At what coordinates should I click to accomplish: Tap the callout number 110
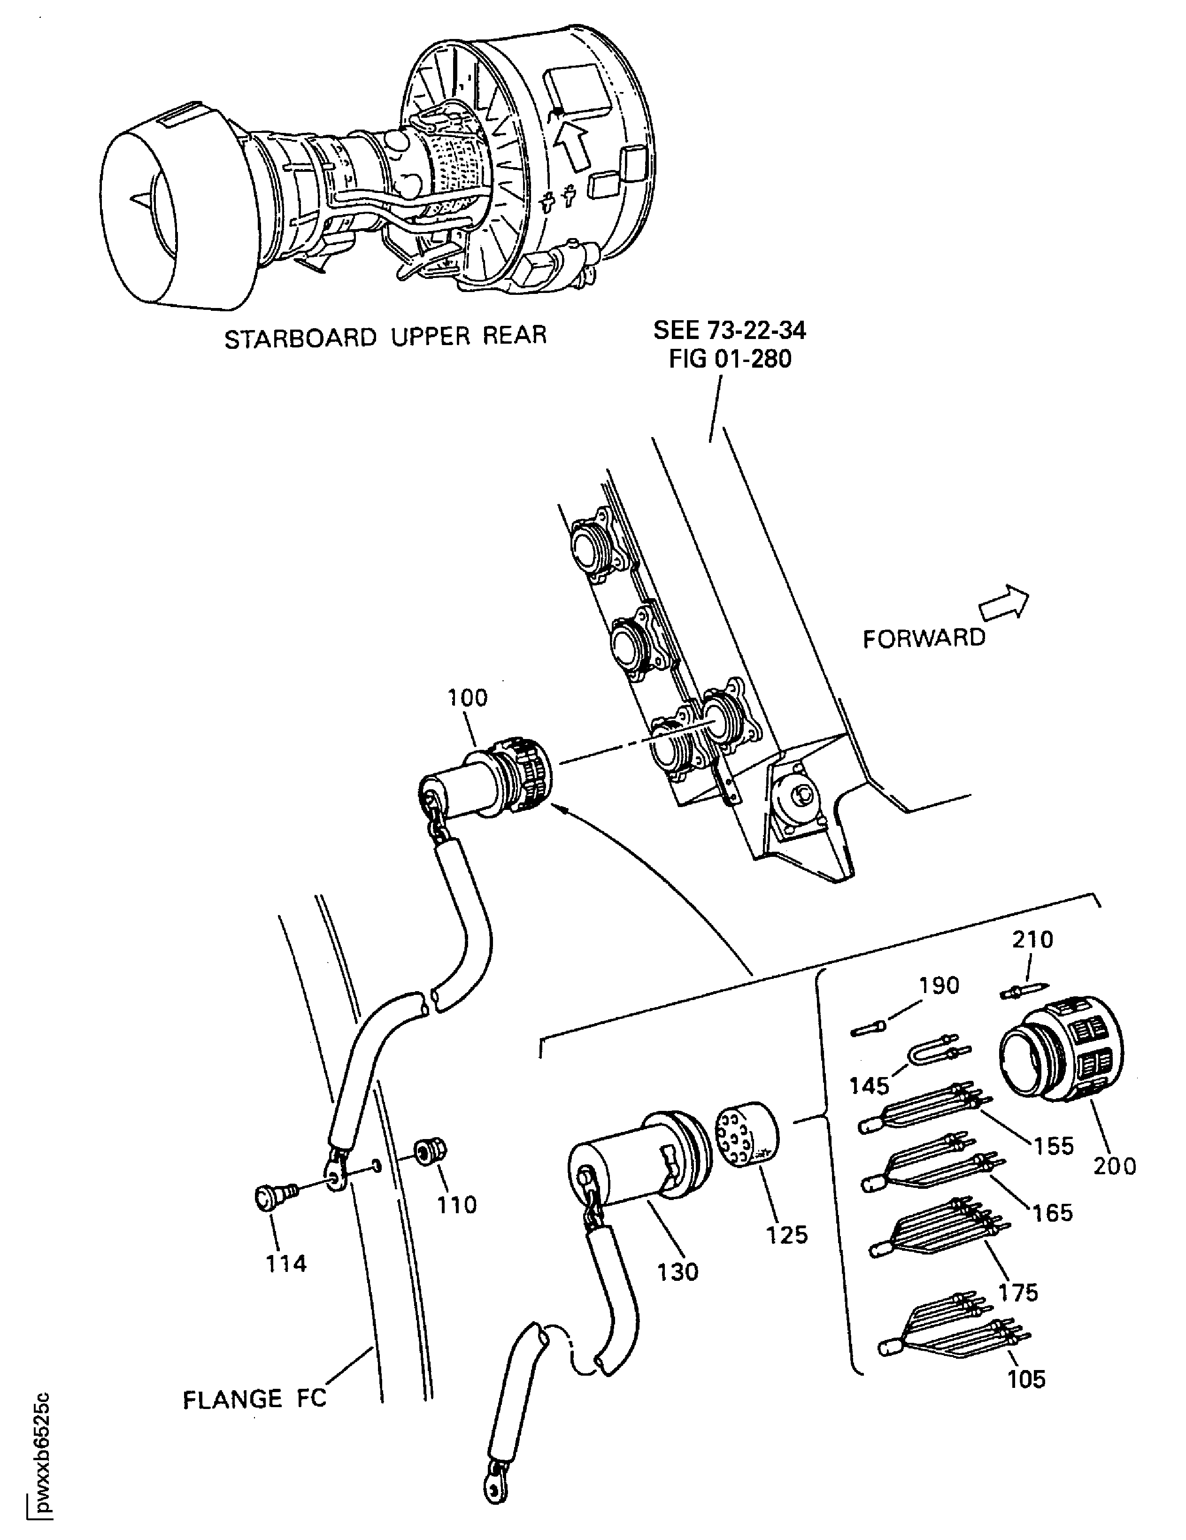(457, 1205)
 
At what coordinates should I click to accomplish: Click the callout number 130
(678, 1272)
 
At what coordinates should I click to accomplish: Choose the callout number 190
(939, 985)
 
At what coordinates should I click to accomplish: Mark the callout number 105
(1026, 1398)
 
